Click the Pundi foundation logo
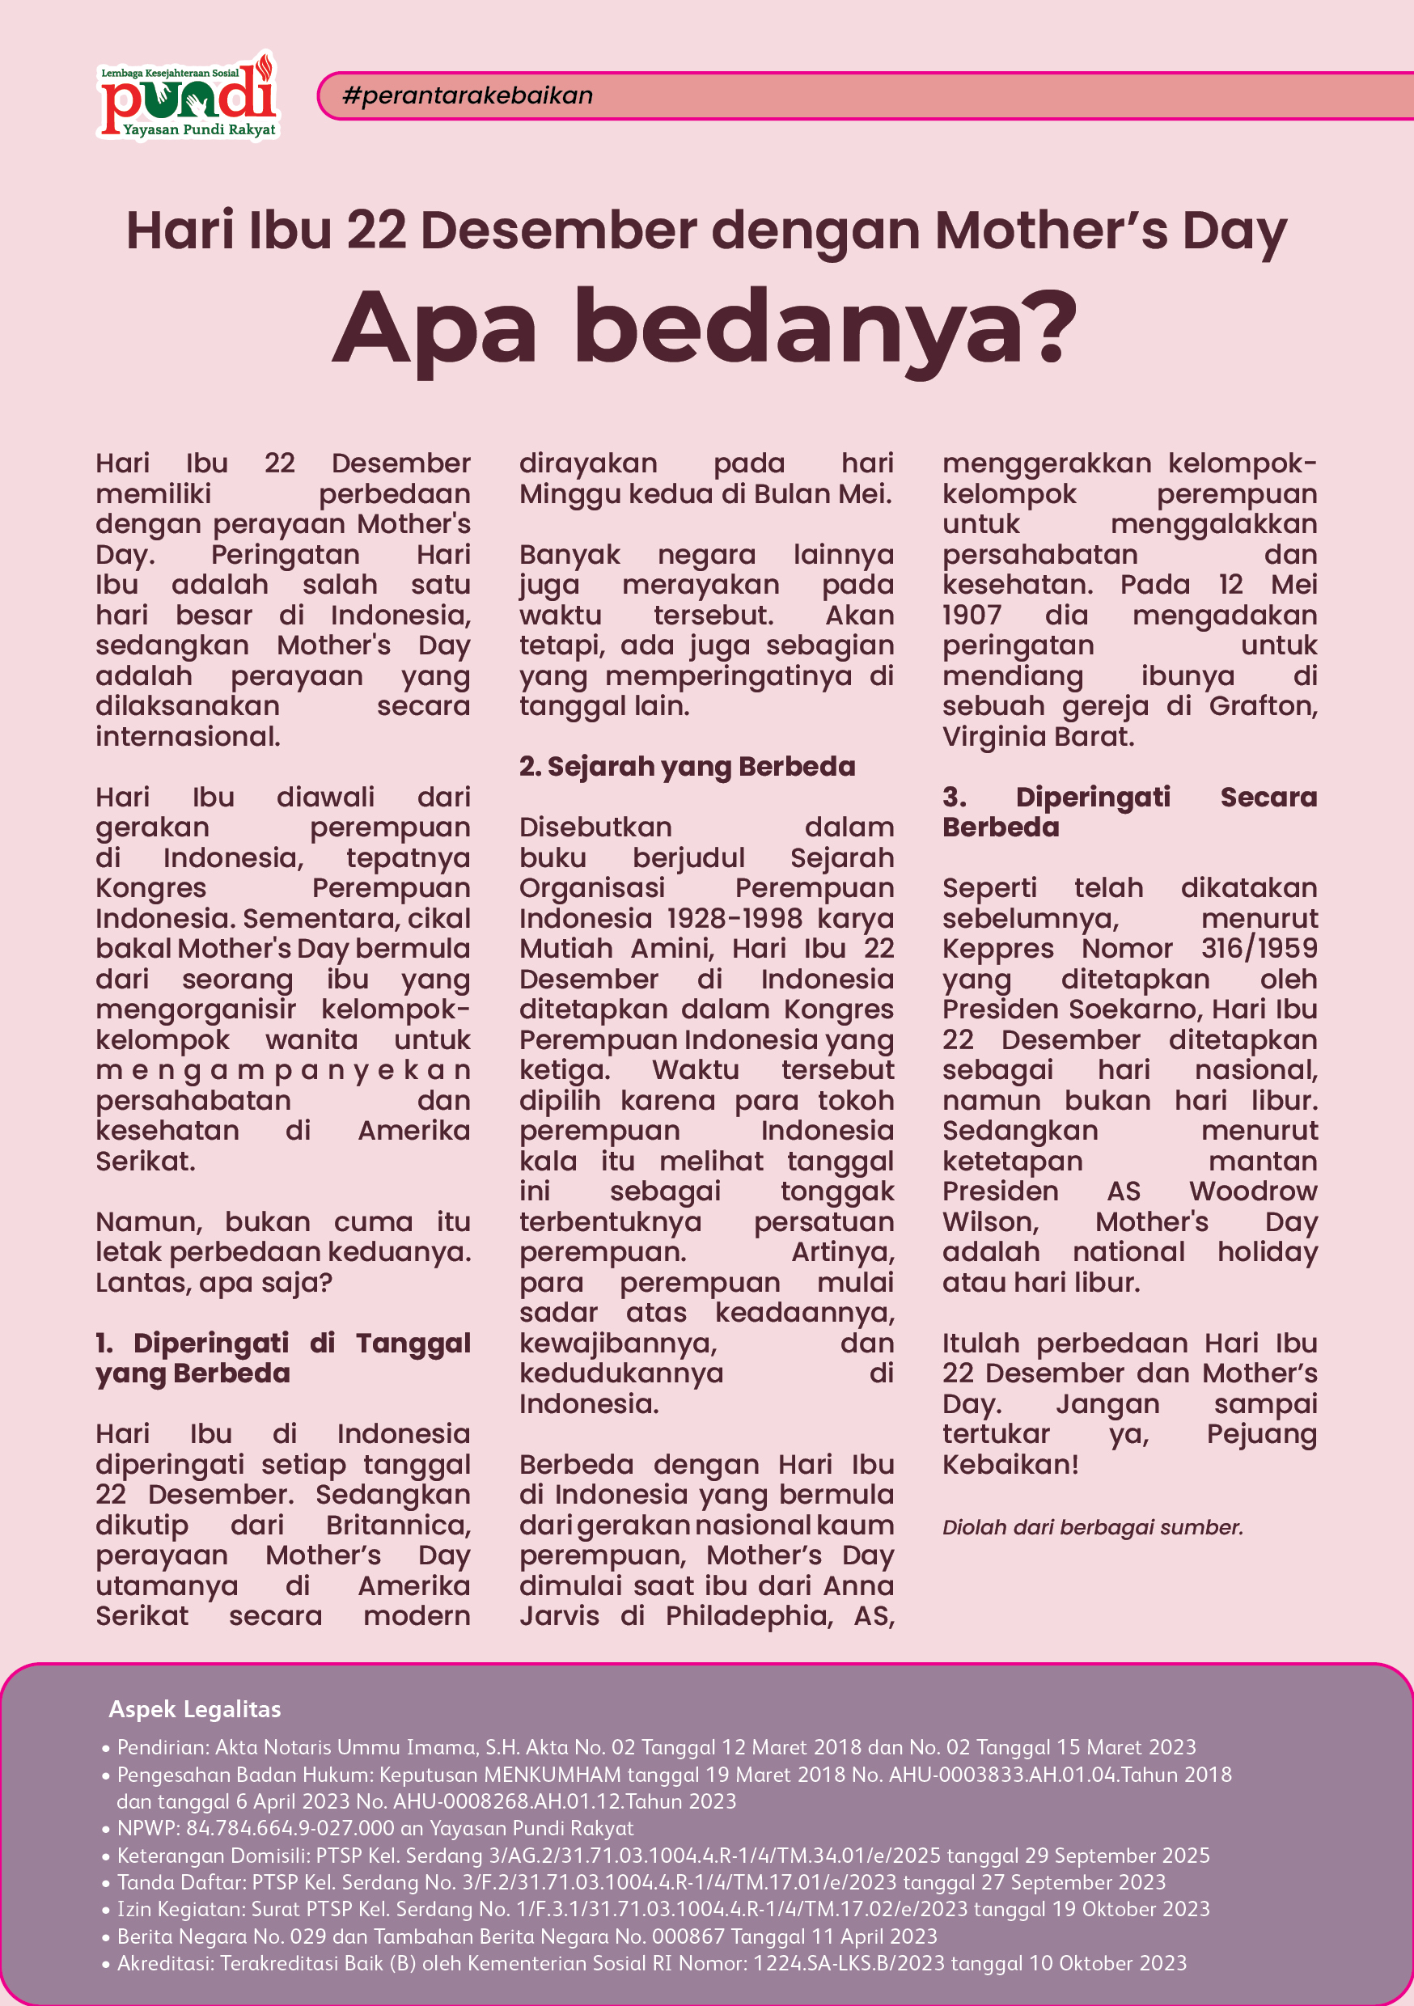188,96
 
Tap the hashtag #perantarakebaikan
468,95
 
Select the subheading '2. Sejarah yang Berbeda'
687,766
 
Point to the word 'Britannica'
398,1525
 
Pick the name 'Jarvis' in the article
559,1615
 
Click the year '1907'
971,614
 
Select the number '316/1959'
1259,948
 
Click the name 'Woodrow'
1252,1191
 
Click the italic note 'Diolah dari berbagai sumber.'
1092,1527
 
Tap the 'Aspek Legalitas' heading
194,1709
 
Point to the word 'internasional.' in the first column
188,737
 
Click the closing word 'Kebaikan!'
1010,1464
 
